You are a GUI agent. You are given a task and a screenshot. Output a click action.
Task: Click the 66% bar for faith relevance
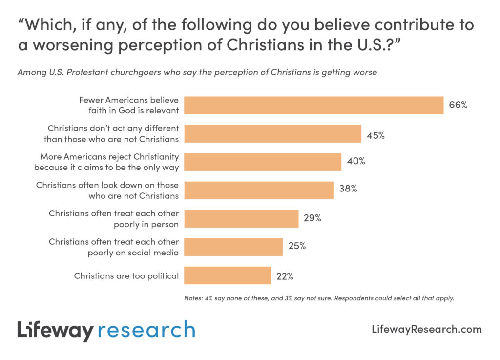click(x=314, y=105)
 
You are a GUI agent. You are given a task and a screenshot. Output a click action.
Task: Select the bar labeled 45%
click(x=273, y=133)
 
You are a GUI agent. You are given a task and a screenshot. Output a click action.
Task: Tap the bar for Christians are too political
click(x=228, y=275)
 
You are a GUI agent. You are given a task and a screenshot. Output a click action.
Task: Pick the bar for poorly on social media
click(x=234, y=247)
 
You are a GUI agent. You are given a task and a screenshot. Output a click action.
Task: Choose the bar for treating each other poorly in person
click(x=242, y=219)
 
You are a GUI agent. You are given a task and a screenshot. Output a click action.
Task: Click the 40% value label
click(x=356, y=161)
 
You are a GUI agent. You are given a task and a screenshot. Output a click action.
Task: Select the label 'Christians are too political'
click(x=126, y=276)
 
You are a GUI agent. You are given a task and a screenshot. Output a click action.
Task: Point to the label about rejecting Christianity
click(x=106, y=162)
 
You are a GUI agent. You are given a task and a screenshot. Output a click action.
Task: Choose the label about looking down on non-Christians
click(x=107, y=191)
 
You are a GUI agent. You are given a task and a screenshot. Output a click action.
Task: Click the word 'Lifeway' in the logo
click(x=54, y=331)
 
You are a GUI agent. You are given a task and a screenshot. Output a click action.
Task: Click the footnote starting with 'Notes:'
click(x=319, y=298)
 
